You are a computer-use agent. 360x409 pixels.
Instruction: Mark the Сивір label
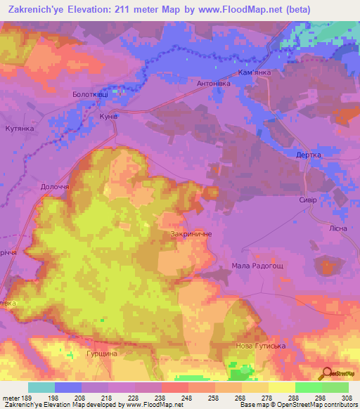coord(308,200)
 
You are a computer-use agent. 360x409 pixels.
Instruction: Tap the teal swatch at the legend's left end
coord(41,387)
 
